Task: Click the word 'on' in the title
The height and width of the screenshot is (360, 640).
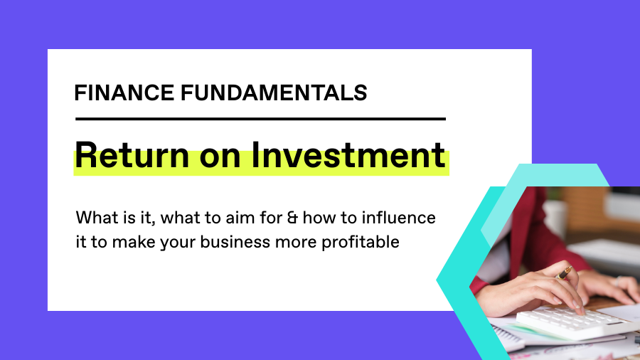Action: tap(220, 159)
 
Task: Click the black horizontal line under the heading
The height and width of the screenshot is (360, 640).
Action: tap(260, 120)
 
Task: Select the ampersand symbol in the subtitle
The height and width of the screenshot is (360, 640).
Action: tap(292, 218)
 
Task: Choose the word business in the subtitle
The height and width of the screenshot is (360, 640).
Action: tap(235, 242)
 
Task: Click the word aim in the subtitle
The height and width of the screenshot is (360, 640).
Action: tap(237, 218)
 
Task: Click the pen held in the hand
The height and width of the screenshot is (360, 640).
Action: tap(565, 272)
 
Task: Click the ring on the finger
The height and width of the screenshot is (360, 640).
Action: tap(618, 281)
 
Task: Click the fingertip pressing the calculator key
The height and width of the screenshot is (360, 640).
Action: tap(580, 310)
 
